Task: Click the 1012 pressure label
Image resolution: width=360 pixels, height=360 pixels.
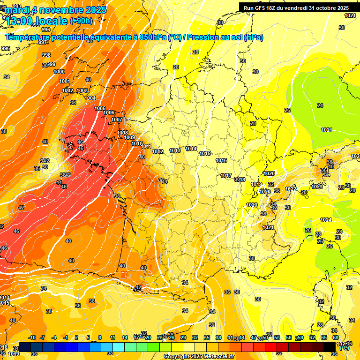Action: click(x=157, y=151)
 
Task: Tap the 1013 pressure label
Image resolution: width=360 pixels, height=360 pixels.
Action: click(x=175, y=150)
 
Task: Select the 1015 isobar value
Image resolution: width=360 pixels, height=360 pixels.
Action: click(x=205, y=153)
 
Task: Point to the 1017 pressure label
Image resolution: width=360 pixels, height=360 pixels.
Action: click(x=226, y=176)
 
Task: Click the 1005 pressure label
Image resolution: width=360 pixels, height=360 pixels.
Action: click(x=100, y=108)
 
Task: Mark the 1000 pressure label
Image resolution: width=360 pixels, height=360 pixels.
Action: click(x=60, y=72)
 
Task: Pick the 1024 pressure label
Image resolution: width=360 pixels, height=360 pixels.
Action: click(x=326, y=220)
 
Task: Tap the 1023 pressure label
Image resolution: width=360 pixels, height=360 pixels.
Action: click(x=317, y=187)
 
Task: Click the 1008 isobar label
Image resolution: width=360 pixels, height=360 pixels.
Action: click(x=123, y=133)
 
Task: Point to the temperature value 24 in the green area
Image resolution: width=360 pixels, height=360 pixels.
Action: click(x=320, y=105)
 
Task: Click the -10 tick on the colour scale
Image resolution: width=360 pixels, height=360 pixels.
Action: click(x=32, y=337)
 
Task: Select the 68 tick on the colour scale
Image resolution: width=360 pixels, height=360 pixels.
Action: click(x=336, y=337)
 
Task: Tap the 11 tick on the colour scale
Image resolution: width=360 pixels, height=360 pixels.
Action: click(x=112, y=337)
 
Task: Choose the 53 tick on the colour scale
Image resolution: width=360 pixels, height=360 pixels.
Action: click(x=277, y=337)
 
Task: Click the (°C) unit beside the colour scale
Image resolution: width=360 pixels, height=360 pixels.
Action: click(x=345, y=347)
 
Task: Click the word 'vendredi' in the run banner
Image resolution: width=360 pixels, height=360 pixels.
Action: click(x=293, y=8)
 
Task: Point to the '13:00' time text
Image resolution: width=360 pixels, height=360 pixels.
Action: click(x=20, y=21)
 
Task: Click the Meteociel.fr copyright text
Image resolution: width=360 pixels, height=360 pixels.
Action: click(x=199, y=356)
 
